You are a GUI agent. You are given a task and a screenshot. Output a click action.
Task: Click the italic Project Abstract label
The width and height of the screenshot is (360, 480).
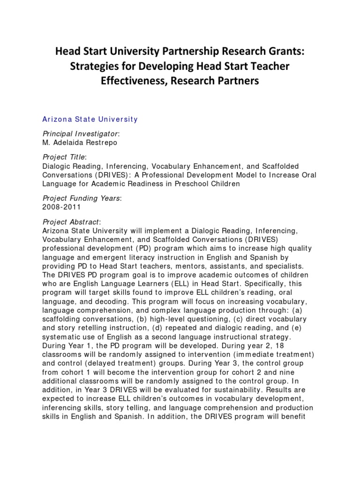pos(71,222)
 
